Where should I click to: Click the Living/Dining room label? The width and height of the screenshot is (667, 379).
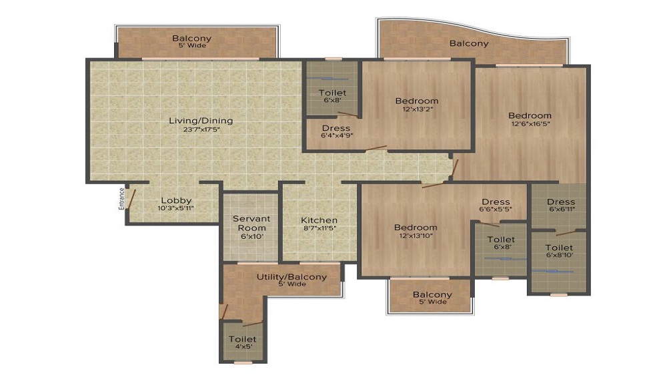200,121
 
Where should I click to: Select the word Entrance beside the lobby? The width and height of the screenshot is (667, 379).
121,198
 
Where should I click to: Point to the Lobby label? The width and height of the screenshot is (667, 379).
177,200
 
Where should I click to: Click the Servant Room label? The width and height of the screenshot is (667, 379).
251,223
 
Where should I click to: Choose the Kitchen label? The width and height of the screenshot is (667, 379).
319,220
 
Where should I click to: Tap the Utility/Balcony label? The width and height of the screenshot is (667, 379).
292,277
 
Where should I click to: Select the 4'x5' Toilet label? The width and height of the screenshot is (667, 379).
242,340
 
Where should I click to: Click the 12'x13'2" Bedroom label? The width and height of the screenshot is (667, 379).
417,101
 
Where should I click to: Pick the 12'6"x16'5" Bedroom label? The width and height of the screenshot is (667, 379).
530,115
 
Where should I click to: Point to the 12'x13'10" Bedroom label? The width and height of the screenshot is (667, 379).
416,228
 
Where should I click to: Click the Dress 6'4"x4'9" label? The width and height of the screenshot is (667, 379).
336,128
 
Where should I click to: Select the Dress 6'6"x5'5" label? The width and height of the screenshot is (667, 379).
496,202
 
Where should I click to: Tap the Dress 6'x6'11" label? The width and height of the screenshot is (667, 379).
560,202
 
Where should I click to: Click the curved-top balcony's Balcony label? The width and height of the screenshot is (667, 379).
468,43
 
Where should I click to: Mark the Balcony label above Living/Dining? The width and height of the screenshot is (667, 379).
191,39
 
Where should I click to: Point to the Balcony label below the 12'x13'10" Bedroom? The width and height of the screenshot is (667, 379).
432,295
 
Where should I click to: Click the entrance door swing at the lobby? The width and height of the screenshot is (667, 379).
132,198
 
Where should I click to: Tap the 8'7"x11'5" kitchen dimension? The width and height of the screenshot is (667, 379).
319,228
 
